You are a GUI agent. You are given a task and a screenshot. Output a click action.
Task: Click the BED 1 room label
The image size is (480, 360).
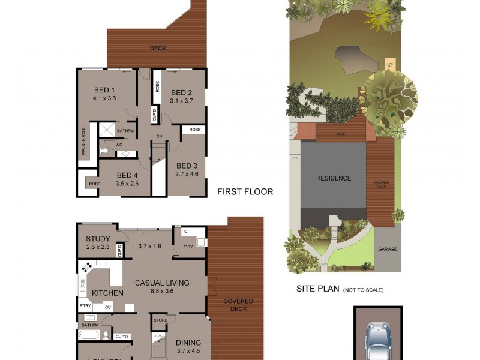(104, 89)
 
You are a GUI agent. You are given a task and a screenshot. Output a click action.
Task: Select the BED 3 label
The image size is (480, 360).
(187, 166)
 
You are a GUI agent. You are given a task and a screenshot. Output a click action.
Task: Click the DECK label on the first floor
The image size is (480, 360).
(158, 49)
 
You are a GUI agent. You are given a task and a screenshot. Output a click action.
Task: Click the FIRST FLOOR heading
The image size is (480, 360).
(245, 192)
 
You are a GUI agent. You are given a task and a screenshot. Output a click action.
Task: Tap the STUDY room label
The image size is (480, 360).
(98, 239)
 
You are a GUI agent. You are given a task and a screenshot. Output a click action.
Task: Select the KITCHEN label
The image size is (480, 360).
(107, 293)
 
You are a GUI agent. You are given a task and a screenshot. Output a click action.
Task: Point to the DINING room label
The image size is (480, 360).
(188, 343)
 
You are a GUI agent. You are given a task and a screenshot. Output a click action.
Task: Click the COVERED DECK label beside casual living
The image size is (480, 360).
(238, 305)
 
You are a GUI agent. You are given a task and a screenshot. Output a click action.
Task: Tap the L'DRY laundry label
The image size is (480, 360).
(186, 247)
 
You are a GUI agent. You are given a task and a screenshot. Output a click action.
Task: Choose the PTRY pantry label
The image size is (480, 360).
(85, 306)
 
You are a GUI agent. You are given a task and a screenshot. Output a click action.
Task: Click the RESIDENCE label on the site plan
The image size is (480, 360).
(334, 178)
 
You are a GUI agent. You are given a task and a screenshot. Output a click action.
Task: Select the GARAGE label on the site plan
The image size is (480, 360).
(387, 249)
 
